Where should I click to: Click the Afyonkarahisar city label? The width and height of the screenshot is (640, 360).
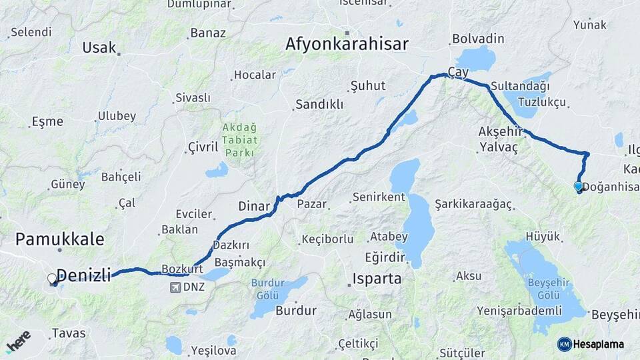point(347,44)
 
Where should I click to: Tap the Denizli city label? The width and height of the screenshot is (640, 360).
point(84,274)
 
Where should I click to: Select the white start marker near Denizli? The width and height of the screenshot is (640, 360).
point(52,279)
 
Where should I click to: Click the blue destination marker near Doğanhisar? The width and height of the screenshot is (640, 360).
point(578,187)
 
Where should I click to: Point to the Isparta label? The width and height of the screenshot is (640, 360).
point(377,278)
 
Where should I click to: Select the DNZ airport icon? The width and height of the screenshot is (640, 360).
point(175,287)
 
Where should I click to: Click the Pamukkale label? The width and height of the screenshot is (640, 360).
point(59,239)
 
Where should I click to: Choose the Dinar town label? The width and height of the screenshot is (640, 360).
point(254,206)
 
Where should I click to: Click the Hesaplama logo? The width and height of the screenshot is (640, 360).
point(591,344)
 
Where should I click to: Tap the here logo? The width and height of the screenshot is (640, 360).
point(18,341)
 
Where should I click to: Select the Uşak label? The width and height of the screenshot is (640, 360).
point(99,47)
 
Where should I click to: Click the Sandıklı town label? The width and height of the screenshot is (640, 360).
point(319,104)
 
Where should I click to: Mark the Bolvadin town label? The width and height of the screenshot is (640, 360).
point(478,39)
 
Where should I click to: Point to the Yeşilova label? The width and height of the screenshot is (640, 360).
point(213,349)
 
